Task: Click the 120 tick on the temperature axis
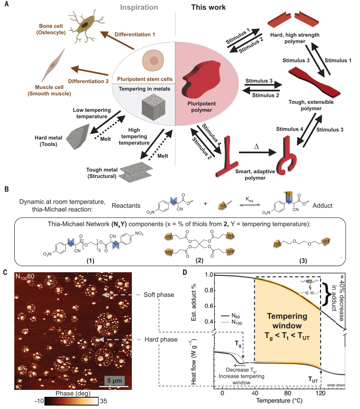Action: pyautogui.click(x=321, y=393)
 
